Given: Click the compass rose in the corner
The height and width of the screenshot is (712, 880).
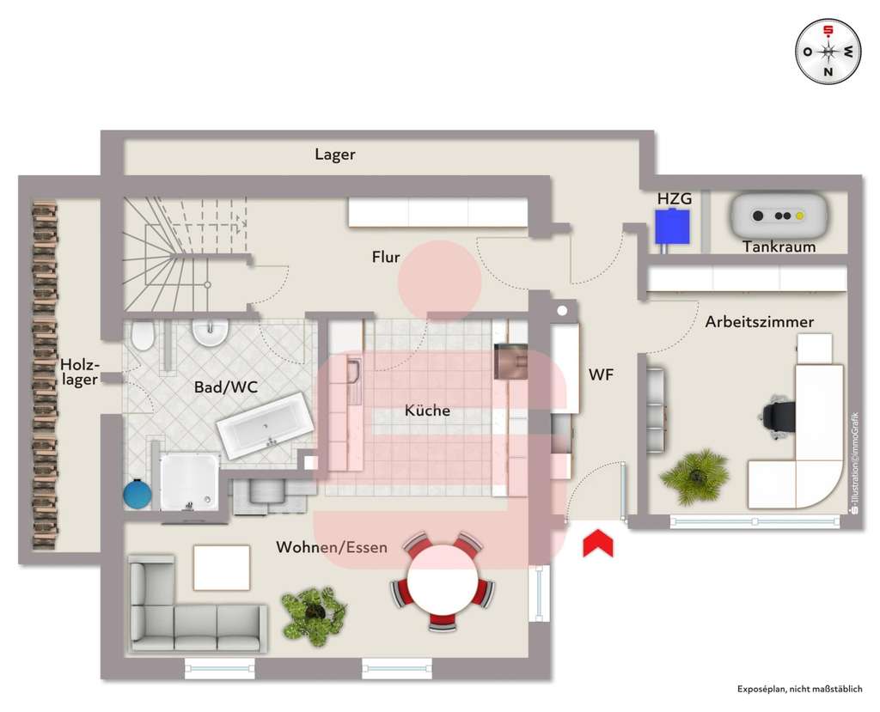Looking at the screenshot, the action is point(828,52).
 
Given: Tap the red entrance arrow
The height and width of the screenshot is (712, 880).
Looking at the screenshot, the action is point(598,544).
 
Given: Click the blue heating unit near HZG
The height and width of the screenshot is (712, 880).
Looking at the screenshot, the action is point(670,227).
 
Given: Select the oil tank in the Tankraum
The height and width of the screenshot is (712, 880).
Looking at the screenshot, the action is point(779,216).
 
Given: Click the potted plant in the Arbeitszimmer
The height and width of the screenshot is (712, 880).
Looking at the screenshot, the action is point(695,475).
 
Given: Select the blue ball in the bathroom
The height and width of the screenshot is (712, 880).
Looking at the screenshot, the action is point(137,495).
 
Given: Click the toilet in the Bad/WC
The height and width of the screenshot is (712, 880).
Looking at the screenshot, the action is point(143,336).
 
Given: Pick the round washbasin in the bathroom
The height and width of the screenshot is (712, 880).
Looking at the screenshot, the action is point(209,332).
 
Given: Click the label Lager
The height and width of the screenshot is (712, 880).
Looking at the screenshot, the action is point(334,155).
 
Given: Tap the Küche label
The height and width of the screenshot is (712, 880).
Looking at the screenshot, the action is point(427,411).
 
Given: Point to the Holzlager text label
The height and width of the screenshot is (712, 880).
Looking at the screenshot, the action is point(79,373).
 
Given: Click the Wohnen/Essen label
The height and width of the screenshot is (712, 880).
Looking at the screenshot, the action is point(331,547).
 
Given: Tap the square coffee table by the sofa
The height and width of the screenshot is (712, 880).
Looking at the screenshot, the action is point(221,568).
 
